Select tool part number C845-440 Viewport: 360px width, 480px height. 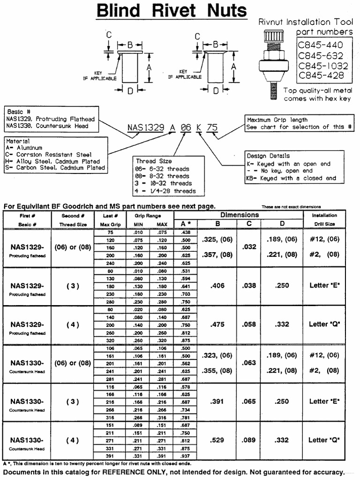(x=321, y=45)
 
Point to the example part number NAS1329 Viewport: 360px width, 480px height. (x=145, y=127)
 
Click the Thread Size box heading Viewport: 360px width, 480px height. (x=154, y=161)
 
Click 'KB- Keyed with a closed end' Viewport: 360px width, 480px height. (x=291, y=178)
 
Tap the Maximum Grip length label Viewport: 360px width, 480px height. (x=277, y=120)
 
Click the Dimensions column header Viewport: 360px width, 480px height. (x=240, y=215)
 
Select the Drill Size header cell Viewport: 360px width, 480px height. (x=324, y=224)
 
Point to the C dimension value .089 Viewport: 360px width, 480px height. (x=248, y=440)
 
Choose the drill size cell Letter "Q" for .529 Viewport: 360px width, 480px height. (x=324, y=440)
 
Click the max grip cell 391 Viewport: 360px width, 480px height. (x=111, y=455)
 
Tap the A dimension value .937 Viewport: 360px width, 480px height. (x=186, y=455)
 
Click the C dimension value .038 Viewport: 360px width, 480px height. (x=248, y=285)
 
